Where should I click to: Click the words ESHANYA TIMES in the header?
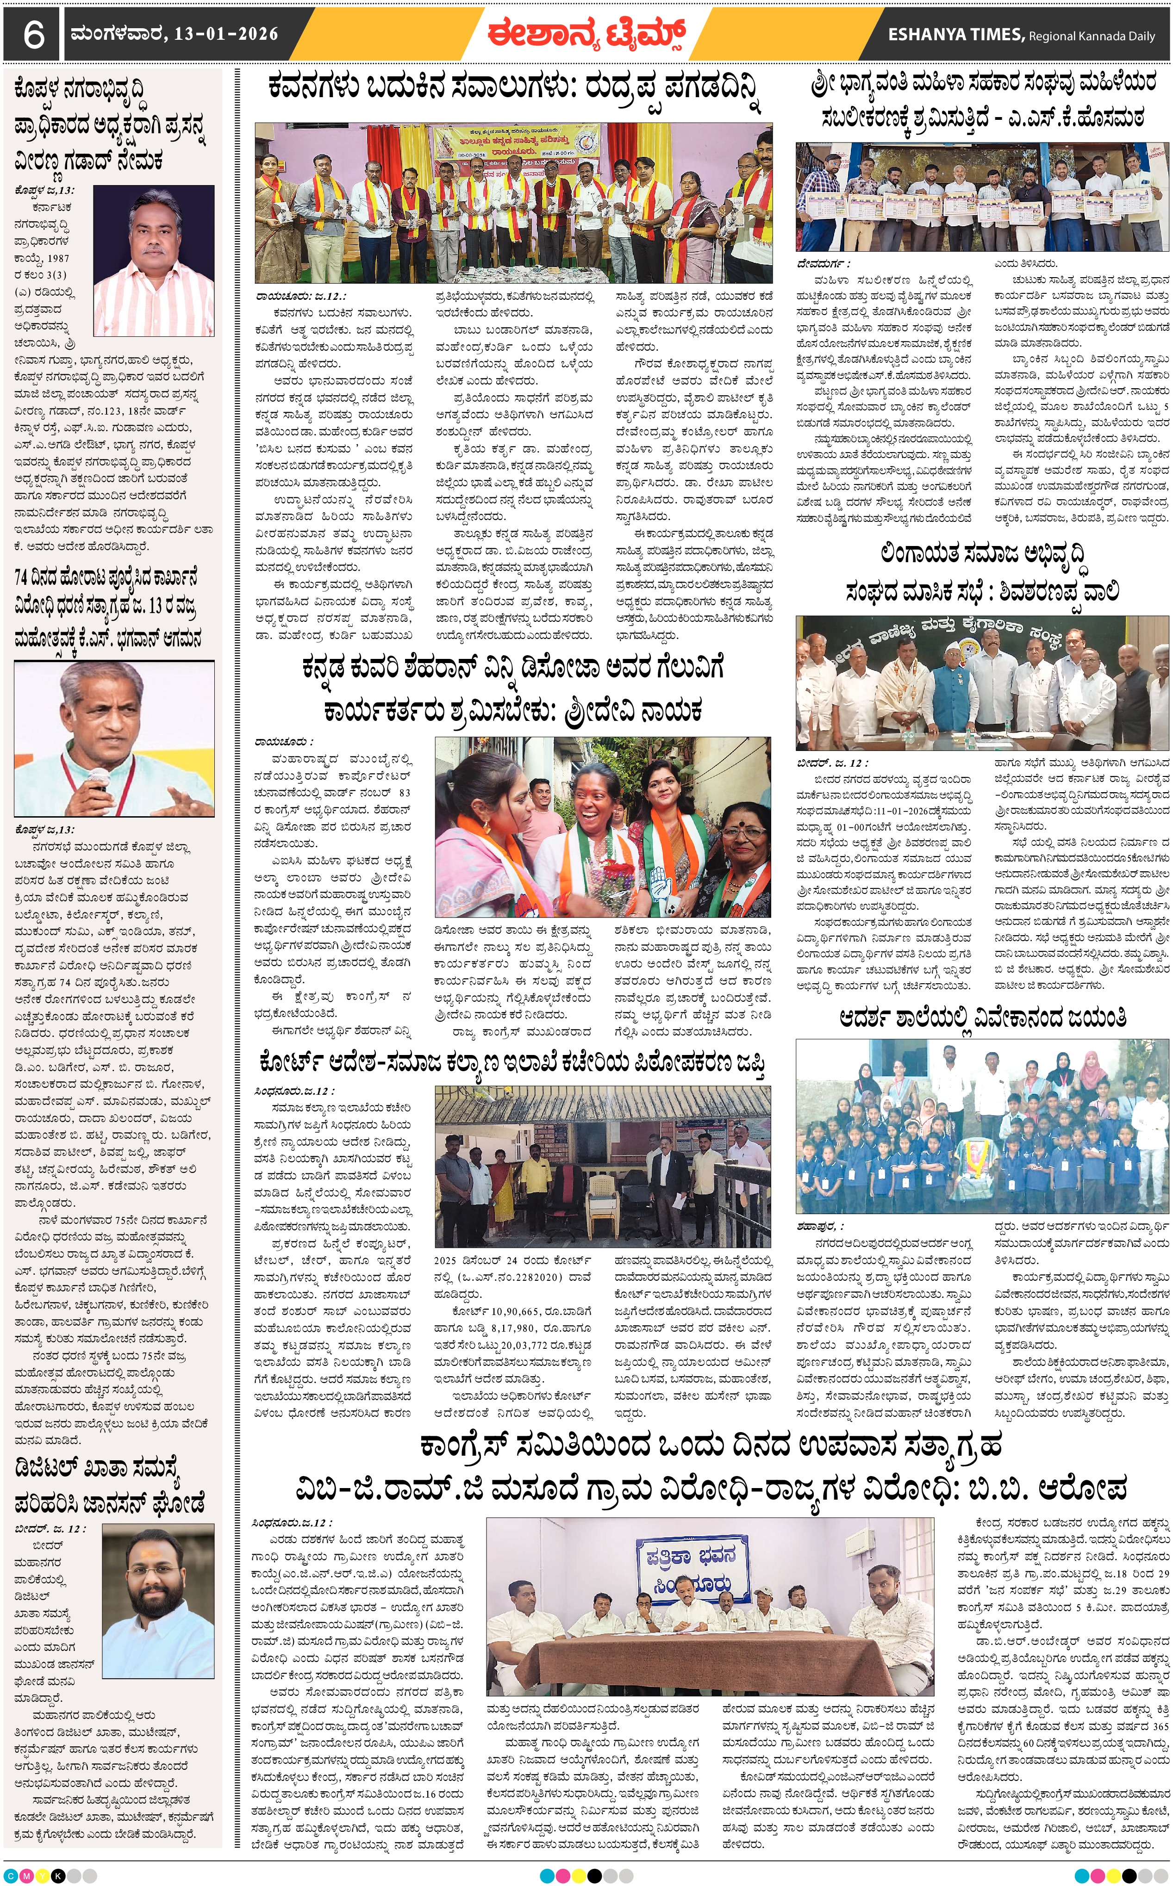coord(956,35)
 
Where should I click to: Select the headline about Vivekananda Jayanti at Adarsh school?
coord(982,1017)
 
